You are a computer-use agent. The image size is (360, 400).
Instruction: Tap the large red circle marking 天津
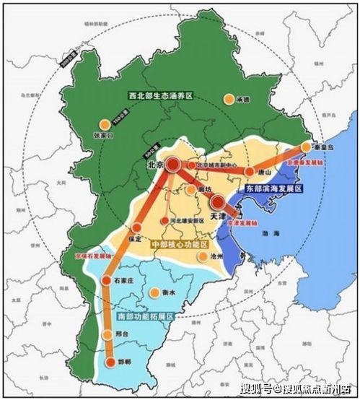click(x=216, y=201)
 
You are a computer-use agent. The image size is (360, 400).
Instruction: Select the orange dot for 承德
click(x=229, y=100)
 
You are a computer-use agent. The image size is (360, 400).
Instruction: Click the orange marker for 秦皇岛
click(x=305, y=147)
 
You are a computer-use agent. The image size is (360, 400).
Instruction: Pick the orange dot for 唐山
click(x=250, y=173)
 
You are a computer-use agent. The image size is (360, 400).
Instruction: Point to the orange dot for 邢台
click(x=107, y=334)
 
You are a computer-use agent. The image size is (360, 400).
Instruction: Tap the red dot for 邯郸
click(x=110, y=362)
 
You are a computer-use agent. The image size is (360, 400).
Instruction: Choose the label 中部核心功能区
click(x=177, y=244)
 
